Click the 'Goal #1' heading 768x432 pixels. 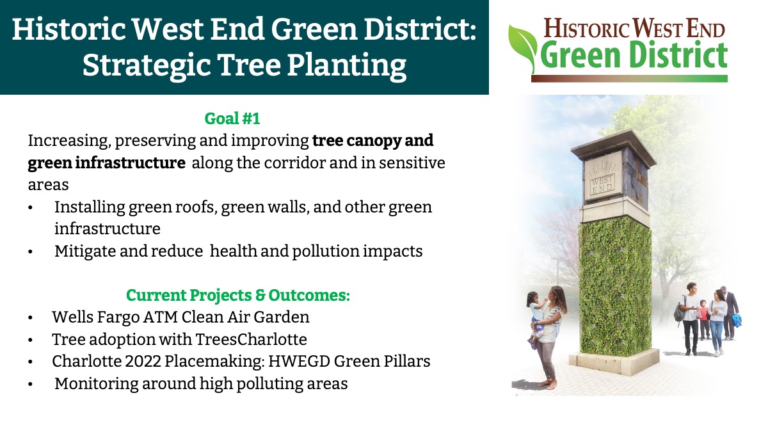pyautogui.click(x=232, y=118)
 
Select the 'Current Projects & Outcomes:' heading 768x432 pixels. pyautogui.click(x=238, y=295)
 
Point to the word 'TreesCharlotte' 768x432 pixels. pyautogui.click(x=251, y=339)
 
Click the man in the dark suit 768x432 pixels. pyautogui.click(x=730, y=313)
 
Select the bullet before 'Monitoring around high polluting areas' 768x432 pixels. pyautogui.click(x=31, y=385)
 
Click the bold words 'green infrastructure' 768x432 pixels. pyautogui.click(x=107, y=163)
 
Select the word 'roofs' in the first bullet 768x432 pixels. pyautogui.click(x=193, y=207)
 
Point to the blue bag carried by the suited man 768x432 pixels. pyautogui.click(x=736, y=321)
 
